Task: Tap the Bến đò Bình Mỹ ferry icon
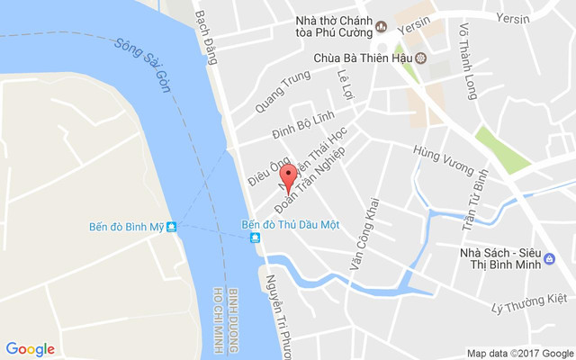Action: click(172, 227)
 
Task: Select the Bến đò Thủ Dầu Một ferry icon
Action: click(256, 237)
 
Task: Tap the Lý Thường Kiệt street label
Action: click(529, 304)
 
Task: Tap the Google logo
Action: click(30, 349)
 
